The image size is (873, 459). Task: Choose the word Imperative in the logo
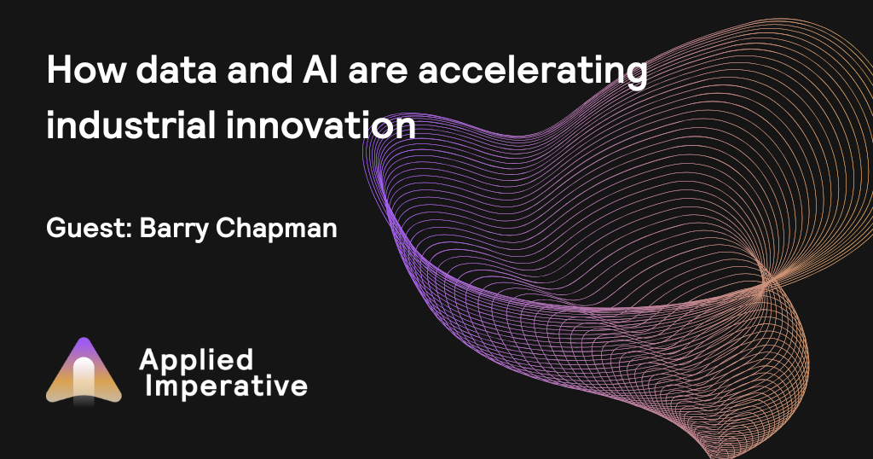(227, 386)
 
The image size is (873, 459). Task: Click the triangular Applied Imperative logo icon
(84, 372)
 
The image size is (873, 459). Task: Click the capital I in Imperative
(150, 386)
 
